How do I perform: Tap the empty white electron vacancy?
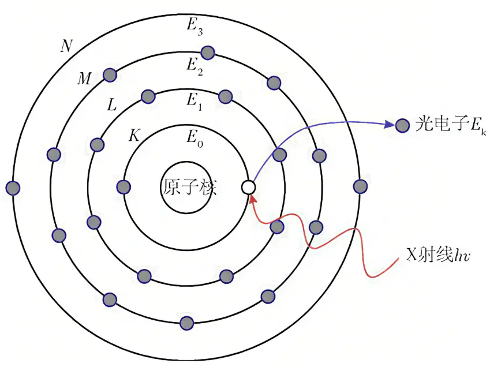coord(248,187)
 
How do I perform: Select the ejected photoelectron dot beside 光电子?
coord(403,125)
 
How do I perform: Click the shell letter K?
coord(134,136)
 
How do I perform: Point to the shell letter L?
coord(112,105)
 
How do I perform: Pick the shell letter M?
coord(84,79)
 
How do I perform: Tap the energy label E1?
coord(193,100)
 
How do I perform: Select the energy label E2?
coord(193,65)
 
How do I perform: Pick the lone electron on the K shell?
coord(124,186)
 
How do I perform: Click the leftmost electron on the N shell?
coord(13,188)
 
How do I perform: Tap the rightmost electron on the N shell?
coord(360,186)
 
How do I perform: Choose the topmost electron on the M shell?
coord(207,53)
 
